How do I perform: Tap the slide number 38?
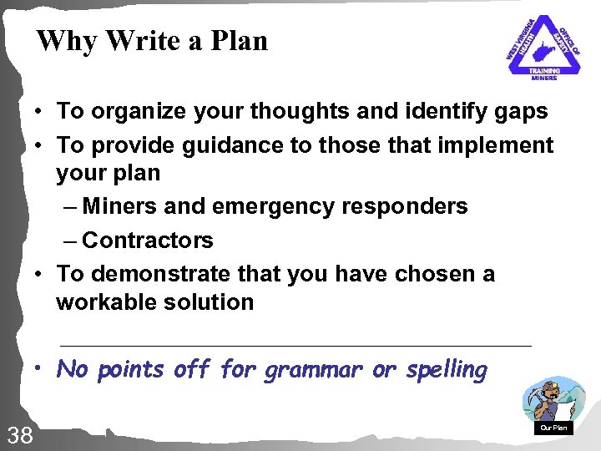tap(18, 433)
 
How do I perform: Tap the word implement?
tap(498, 145)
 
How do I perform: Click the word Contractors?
tap(148, 241)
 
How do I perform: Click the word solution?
tap(207, 302)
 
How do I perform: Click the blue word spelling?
tap(447, 370)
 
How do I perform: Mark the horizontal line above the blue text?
tap(296, 345)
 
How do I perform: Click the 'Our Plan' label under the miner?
tap(553, 428)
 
